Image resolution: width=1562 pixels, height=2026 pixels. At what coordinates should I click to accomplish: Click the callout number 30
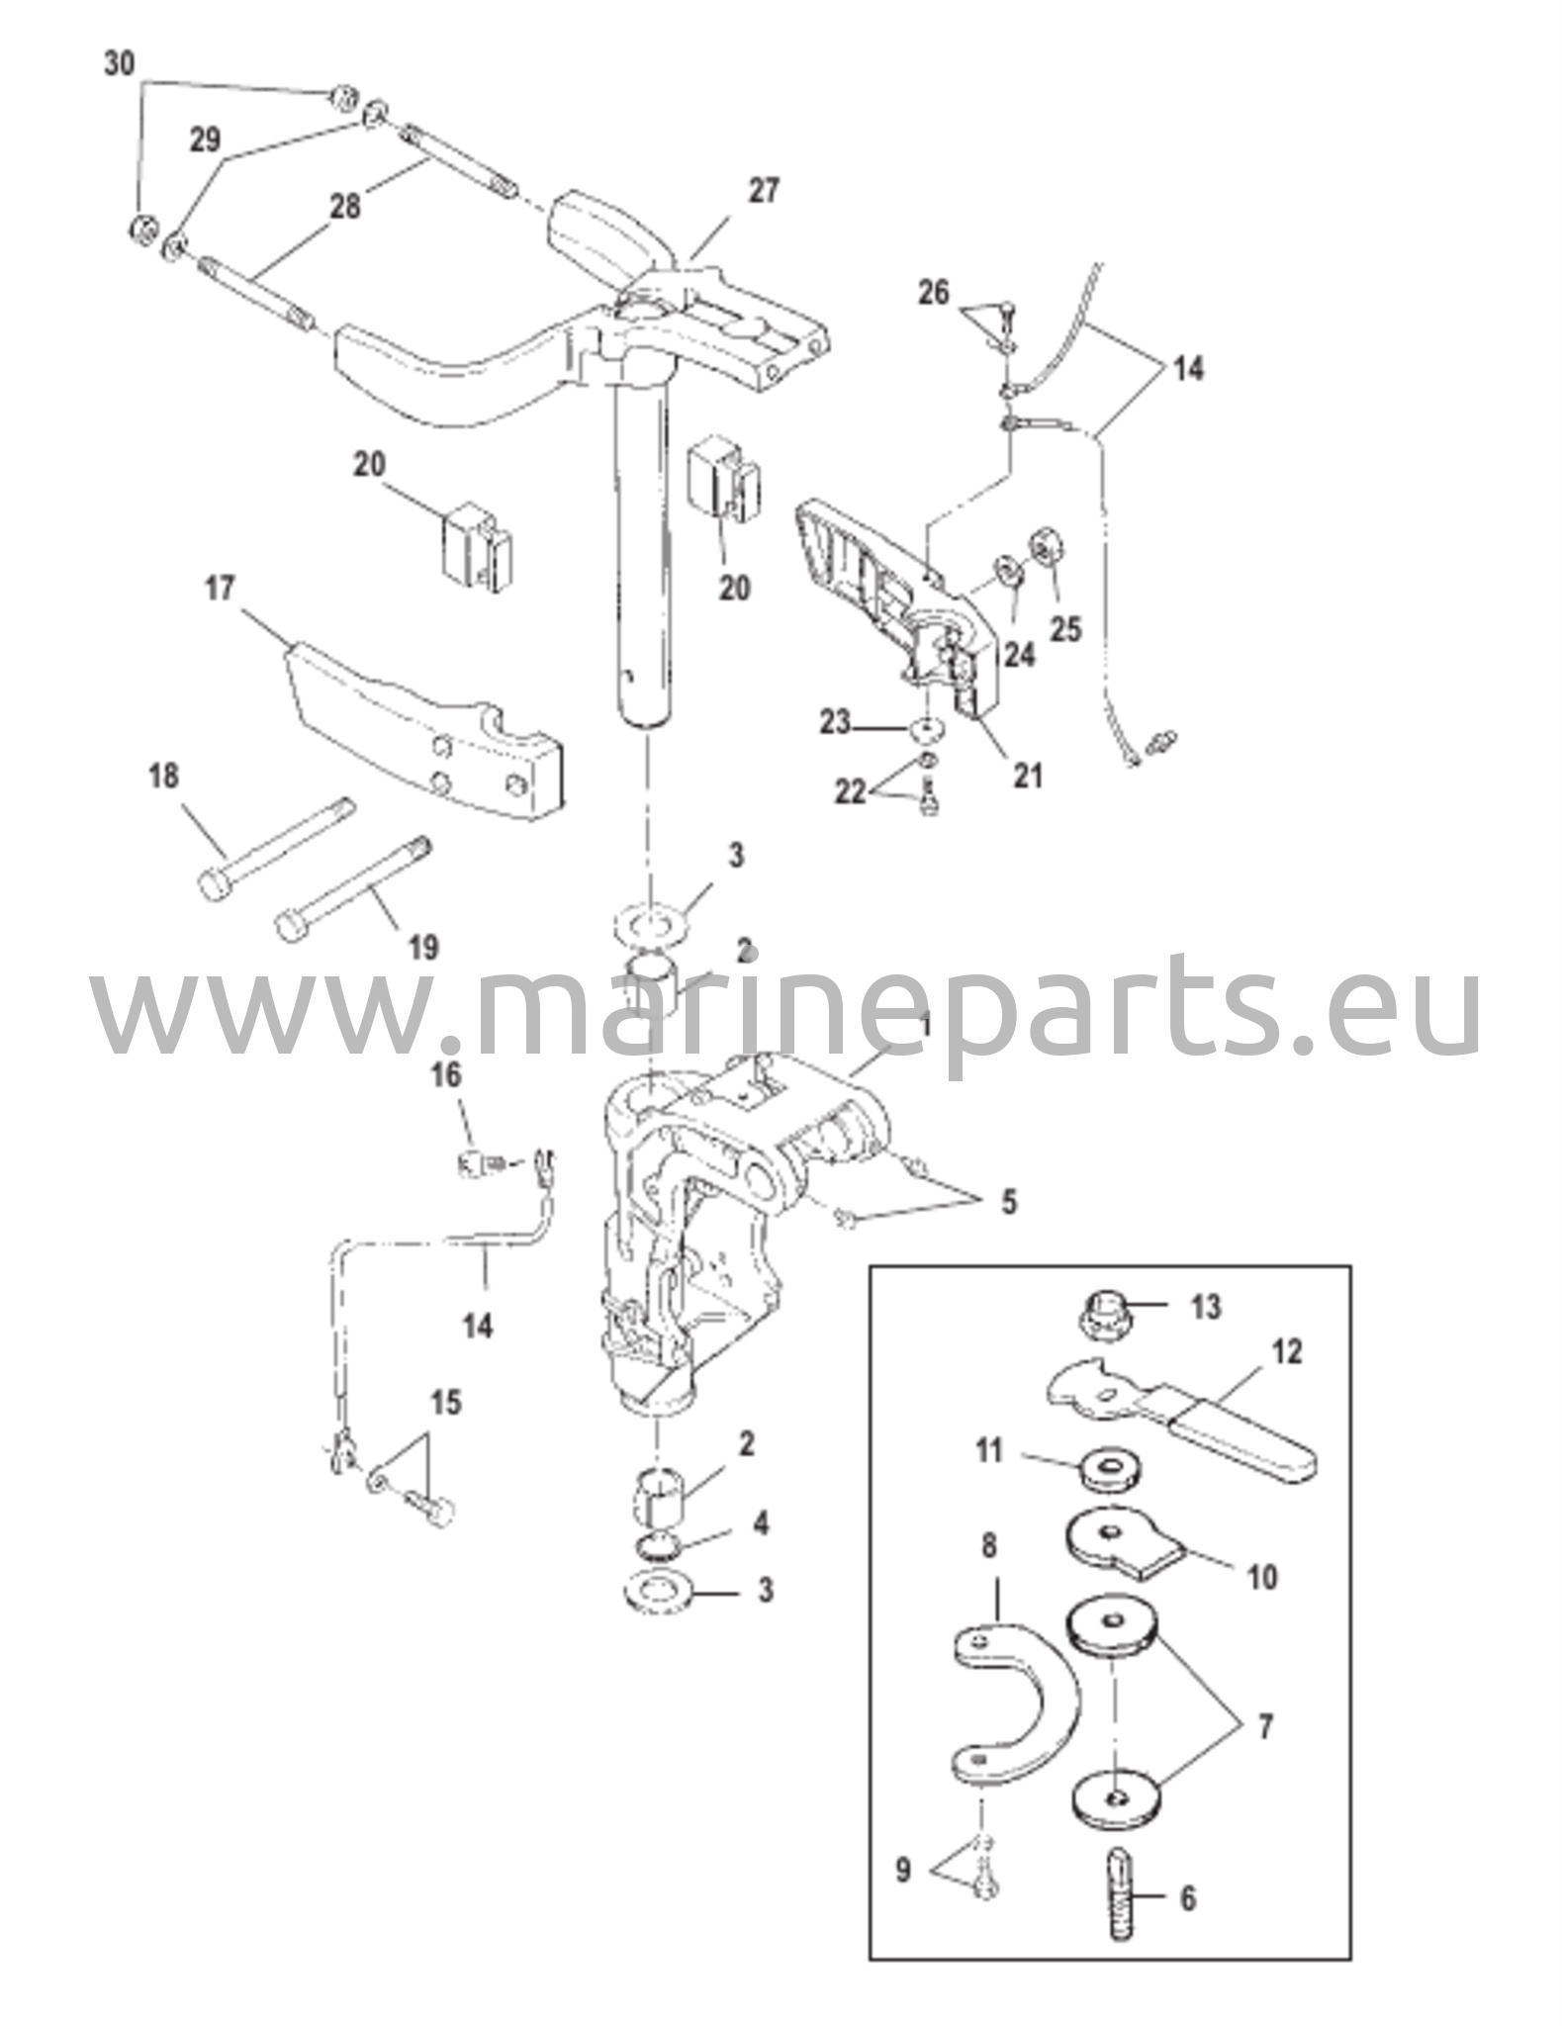[x=119, y=65]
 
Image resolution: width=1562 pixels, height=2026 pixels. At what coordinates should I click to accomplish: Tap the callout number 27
[x=763, y=190]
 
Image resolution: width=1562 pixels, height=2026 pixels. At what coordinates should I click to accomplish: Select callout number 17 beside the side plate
[x=219, y=589]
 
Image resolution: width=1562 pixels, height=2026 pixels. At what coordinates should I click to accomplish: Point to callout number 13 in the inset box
[x=1206, y=1307]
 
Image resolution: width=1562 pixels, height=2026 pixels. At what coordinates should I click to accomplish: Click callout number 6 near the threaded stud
[x=1188, y=1898]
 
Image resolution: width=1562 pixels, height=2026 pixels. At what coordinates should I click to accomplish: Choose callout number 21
[x=1028, y=776]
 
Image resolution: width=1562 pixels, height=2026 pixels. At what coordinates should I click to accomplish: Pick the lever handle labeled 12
[x=1182, y=1427]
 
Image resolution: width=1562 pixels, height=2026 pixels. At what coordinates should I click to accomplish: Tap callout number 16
[x=446, y=1073]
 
